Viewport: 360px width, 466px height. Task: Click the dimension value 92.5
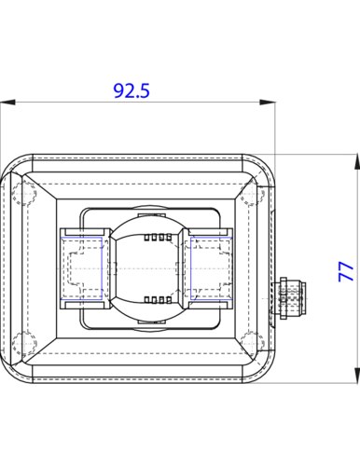132,90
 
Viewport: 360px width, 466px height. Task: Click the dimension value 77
346,271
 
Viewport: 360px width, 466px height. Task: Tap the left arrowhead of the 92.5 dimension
7,103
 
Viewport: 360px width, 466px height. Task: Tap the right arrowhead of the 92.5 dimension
268,103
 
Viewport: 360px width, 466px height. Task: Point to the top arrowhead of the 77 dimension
357,161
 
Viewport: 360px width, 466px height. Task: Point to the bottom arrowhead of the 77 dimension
357,375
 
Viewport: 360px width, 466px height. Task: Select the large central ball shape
146,267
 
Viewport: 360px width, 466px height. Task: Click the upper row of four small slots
158,238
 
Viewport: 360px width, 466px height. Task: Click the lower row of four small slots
158,300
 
